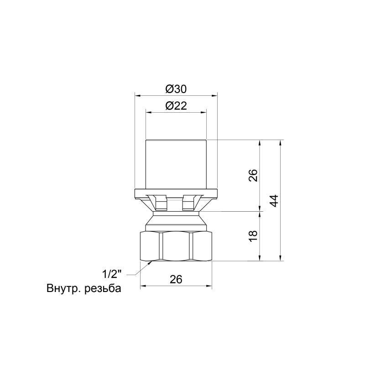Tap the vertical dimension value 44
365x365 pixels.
[x=273, y=200]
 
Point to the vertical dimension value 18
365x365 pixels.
[x=254, y=236]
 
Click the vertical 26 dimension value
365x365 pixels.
[x=254, y=175]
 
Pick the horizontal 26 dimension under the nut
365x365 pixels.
[x=176, y=279]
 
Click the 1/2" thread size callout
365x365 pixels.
[x=112, y=274]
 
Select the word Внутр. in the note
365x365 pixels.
[x=64, y=289]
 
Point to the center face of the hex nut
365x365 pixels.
[x=176, y=246]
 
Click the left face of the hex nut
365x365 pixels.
[x=150, y=246]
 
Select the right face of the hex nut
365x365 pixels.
[x=202, y=246]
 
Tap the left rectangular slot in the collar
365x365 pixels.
[x=161, y=203]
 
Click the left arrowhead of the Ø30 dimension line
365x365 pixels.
[x=137, y=96]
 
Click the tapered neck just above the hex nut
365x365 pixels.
[x=176, y=221]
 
